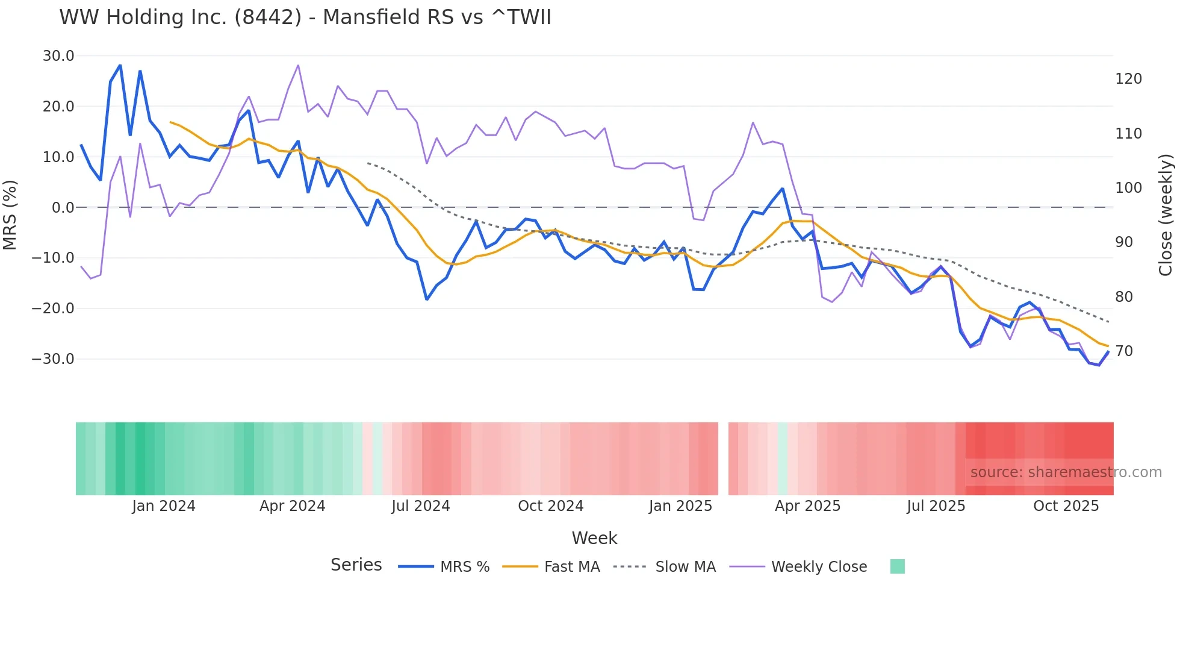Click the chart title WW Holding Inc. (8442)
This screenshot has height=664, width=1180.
[x=305, y=17]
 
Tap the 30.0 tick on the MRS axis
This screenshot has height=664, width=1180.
[x=58, y=56]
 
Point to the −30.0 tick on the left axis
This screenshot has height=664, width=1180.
[x=53, y=359]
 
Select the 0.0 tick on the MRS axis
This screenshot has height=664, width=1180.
[x=63, y=208]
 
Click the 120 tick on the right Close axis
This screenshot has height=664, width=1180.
[x=1128, y=79]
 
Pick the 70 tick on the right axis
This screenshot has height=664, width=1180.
[x=1124, y=351]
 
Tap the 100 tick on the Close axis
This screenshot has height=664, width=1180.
[x=1128, y=188]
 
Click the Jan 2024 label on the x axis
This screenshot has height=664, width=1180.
[x=164, y=506]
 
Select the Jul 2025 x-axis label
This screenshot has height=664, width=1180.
[x=936, y=506]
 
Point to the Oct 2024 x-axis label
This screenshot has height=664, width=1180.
[x=550, y=506]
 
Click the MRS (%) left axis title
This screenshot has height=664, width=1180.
[x=10, y=215]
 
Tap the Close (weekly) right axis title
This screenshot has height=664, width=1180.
[x=1166, y=215]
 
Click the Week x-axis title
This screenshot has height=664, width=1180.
[x=594, y=538]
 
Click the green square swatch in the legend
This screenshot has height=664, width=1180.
[x=897, y=566]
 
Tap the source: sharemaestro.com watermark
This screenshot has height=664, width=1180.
[x=1066, y=472]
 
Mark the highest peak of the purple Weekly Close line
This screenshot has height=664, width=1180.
[x=298, y=66]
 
